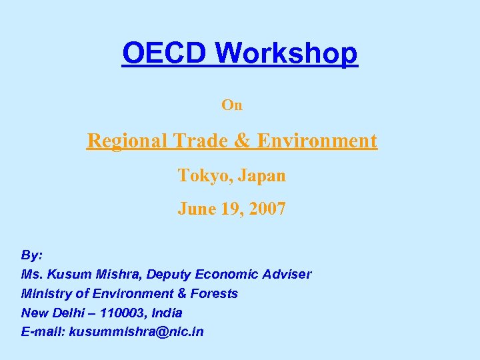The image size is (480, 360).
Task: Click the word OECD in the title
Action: pyautogui.click(x=165, y=53)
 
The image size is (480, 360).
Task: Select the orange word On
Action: pyautogui.click(x=232, y=105)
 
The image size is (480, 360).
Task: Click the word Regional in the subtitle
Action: pyautogui.click(x=127, y=141)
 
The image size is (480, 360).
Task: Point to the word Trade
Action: pyautogui.click(x=198, y=141)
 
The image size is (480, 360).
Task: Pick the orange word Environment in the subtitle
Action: pyautogui.click(x=317, y=141)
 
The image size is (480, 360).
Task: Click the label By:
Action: pyautogui.click(x=31, y=255)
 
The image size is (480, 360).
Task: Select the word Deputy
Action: pyautogui.click(x=170, y=274)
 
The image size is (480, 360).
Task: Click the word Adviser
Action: pyautogui.click(x=287, y=274)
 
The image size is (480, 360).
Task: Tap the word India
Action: pyautogui.click(x=167, y=313)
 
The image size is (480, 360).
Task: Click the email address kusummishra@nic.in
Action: pyautogui.click(x=136, y=332)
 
